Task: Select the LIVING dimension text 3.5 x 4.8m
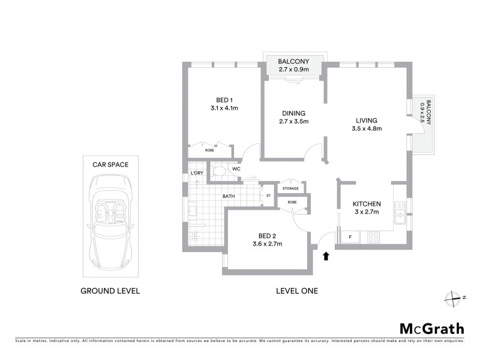tap(367, 128)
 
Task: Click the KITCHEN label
tap(367, 204)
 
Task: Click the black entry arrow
tap(326, 256)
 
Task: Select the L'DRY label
tap(197, 173)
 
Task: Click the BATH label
tap(229, 196)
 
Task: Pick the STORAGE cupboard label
tap(292, 188)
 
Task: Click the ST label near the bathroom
tap(268, 195)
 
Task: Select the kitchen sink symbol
tap(400, 211)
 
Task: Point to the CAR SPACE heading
tap(110, 164)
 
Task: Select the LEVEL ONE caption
tap(296, 291)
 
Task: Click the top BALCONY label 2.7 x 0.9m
tap(293, 65)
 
